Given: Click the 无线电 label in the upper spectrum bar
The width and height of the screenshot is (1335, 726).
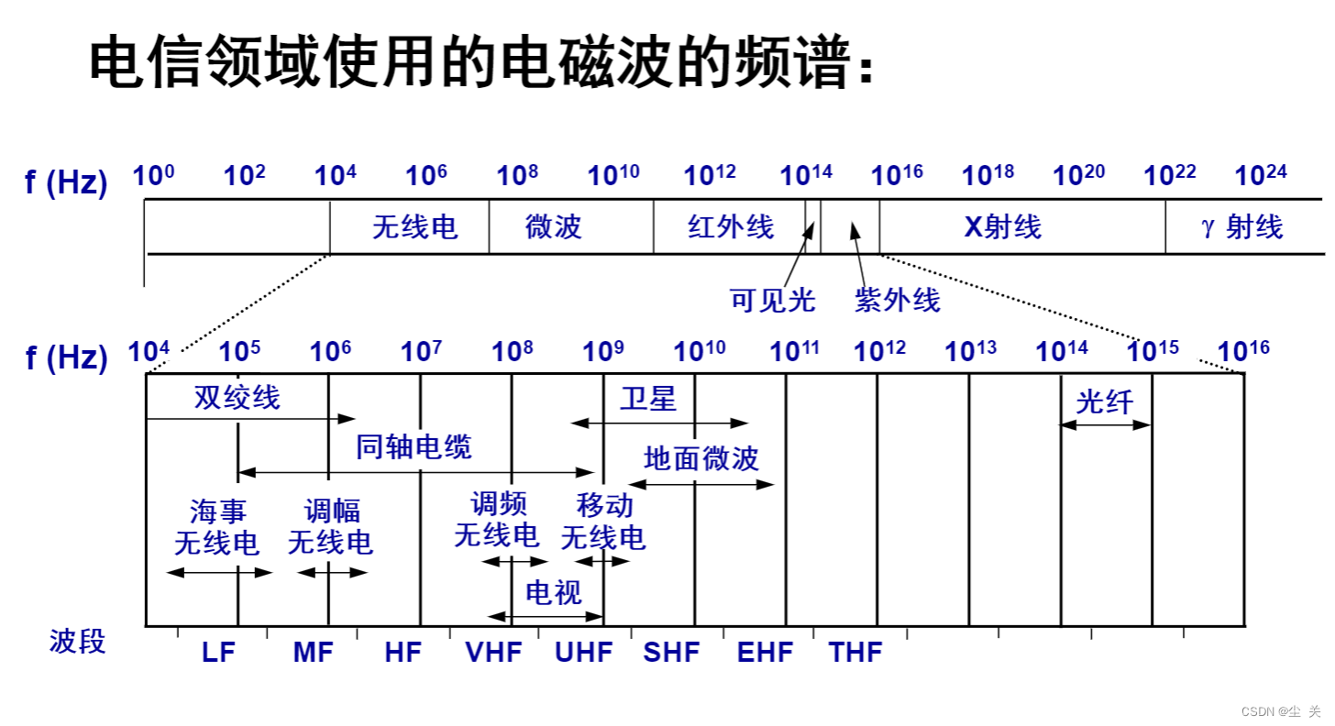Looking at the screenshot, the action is [414, 226].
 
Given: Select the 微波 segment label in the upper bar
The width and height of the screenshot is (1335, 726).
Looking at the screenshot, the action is [553, 226].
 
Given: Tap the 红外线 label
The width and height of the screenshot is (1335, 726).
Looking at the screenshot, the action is [731, 226].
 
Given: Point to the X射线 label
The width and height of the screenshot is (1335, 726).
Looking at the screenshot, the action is [1003, 226].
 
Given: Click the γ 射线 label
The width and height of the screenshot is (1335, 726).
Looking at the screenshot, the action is [1242, 226].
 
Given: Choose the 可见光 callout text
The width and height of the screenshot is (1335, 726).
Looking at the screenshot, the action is [772, 300].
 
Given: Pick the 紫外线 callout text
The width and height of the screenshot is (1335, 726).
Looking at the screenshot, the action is [898, 300].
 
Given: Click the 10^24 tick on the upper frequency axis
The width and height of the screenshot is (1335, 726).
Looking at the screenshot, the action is [1261, 174].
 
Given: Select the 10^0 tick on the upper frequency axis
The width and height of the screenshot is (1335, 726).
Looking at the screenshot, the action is [153, 174].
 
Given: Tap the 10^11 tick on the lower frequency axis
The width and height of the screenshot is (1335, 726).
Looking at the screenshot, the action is [794, 350].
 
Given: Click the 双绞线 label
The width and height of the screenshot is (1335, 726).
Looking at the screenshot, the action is [237, 398].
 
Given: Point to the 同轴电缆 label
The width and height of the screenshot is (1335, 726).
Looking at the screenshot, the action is [414, 447].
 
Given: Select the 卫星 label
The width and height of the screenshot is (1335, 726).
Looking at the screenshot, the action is [647, 399].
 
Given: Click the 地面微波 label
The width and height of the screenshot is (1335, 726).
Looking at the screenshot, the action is [701, 458].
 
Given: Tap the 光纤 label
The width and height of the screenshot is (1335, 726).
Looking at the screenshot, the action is [1104, 401].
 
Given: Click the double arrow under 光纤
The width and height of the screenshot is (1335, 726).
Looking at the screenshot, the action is [1105, 424].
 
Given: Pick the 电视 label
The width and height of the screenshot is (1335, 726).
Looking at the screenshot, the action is [553, 592].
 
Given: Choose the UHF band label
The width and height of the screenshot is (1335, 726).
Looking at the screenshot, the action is [583, 653].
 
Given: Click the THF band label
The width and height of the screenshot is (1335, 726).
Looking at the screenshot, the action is [855, 653].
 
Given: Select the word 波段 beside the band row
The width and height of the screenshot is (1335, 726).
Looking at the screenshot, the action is [77, 641].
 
